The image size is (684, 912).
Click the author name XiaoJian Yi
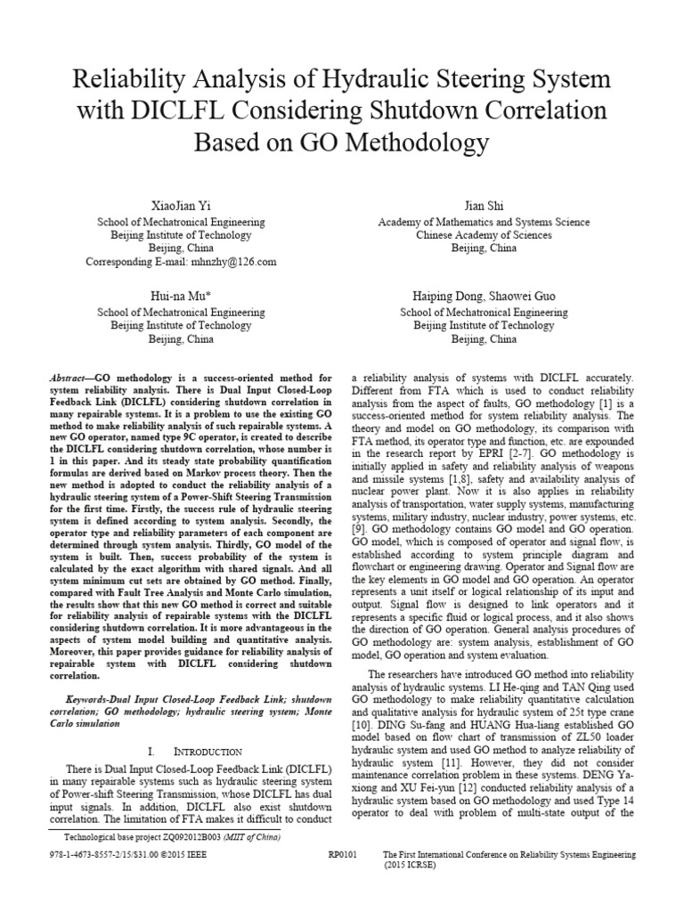coord(181,205)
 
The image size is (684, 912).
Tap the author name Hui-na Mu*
coord(181,295)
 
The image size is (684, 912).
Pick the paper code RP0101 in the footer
coord(342,853)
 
